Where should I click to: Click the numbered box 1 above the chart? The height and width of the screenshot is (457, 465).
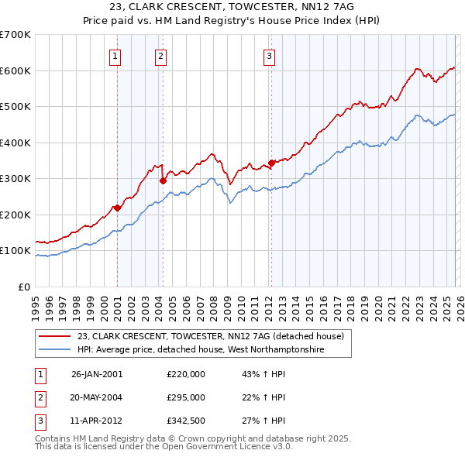115,55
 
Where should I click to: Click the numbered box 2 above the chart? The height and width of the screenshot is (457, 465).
160,55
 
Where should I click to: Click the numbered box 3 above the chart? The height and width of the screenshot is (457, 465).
269,55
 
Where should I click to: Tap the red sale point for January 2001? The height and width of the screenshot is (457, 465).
117,208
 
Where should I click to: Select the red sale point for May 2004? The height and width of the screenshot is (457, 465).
163,180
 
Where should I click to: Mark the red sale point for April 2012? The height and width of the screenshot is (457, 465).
271,163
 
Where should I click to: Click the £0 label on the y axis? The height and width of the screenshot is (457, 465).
23,287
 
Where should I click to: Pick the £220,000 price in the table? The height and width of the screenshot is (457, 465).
186,373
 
